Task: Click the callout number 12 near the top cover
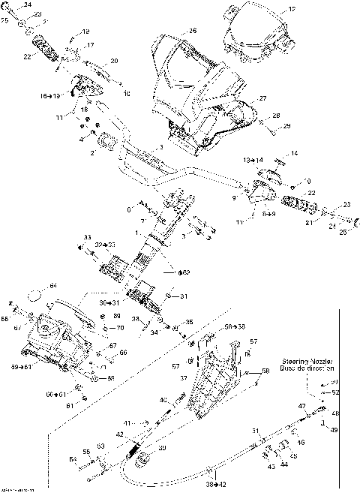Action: (292, 9)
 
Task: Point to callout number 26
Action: (193, 31)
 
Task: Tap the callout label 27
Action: (262, 98)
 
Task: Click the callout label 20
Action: (114, 61)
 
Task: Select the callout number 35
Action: (189, 322)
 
